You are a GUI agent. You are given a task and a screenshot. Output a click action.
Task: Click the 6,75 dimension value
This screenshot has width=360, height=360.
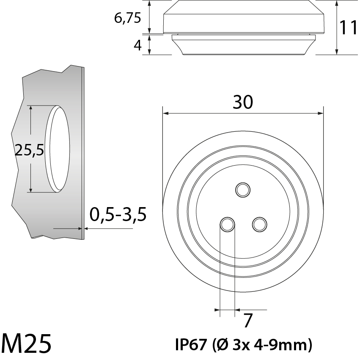pyautogui.click(x=127, y=19)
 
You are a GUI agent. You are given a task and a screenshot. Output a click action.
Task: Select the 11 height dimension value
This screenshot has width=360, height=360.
pyautogui.click(x=349, y=28)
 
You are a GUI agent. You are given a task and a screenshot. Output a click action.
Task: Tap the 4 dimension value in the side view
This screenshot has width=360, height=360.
pyautogui.click(x=137, y=45)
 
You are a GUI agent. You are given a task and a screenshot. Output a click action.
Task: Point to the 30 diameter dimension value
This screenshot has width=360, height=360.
pyautogui.click(x=243, y=102)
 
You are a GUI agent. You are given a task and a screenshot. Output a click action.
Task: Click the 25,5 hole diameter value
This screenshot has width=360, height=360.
pyautogui.click(x=29, y=150)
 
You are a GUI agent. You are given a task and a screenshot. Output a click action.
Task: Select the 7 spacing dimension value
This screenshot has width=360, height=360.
pyautogui.click(x=248, y=321)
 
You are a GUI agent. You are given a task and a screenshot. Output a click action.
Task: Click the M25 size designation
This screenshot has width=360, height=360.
pyautogui.click(x=26, y=343)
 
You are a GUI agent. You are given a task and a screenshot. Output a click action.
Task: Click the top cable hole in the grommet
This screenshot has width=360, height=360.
pyautogui.click(x=243, y=189)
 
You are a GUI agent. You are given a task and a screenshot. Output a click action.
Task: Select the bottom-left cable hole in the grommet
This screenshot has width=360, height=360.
pyautogui.click(x=227, y=224)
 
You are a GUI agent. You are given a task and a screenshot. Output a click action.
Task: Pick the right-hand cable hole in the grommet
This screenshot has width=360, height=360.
pyautogui.click(x=259, y=224)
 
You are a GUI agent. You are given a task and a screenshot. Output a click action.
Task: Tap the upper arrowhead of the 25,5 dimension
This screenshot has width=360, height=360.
pyautogui.click(x=31, y=108)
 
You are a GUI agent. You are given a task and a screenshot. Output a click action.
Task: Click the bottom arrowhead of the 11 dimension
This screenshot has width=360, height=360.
pyautogui.click(x=337, y=52)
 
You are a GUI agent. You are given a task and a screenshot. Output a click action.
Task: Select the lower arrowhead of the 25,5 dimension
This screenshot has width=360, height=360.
pyautogui.click(x=31, y=189)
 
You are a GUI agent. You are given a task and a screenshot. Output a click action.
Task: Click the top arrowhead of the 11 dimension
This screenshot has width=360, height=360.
pyautogui.click(x=337, y=3)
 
